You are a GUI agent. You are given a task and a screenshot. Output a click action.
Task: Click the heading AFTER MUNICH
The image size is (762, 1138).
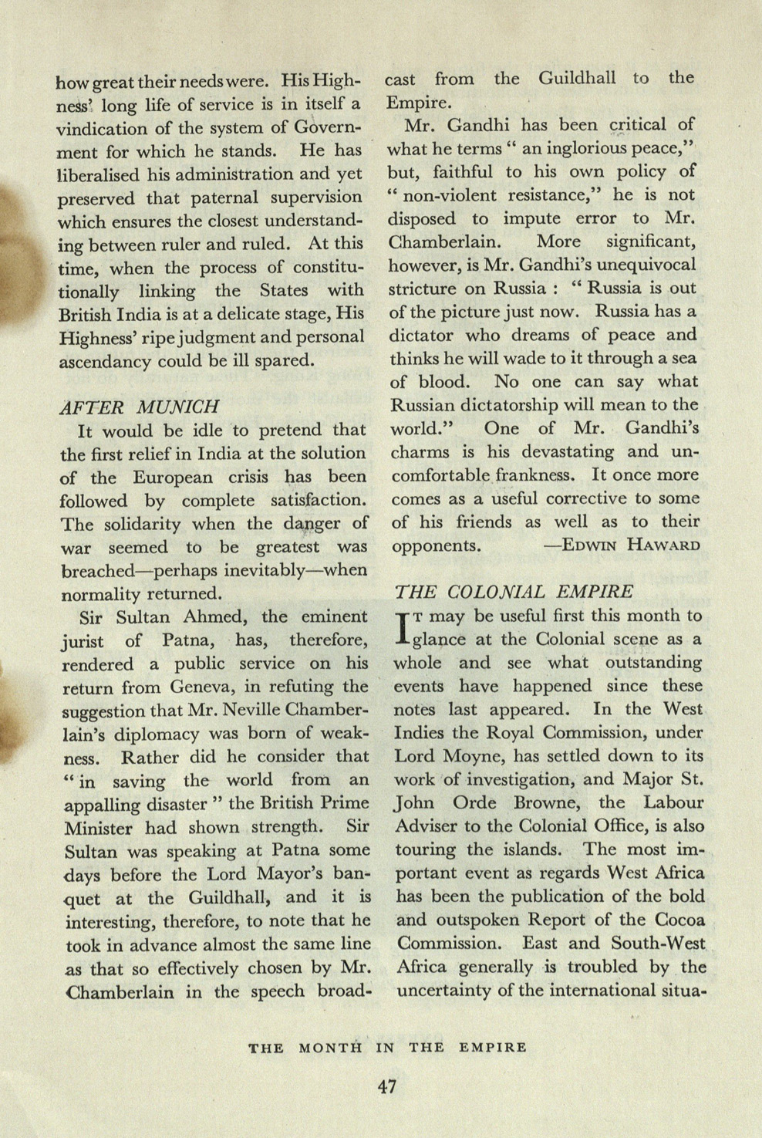[140, 406]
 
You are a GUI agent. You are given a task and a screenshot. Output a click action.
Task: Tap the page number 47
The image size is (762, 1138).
[387, 1086]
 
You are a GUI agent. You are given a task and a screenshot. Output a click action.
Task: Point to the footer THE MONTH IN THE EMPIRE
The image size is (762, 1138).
[387, 1048]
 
